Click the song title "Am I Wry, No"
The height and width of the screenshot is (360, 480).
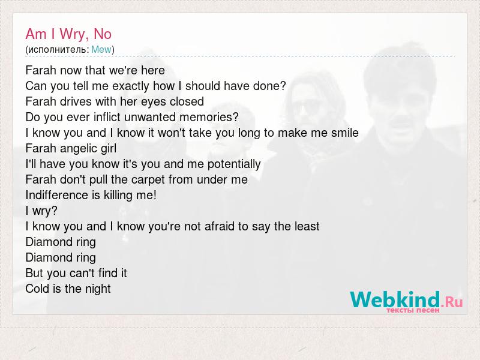(x=68, y=34)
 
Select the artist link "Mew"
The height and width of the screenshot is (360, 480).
(x=101, y=50)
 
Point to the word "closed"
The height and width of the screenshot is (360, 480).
(x=187, y=101)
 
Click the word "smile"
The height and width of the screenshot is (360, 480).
(x=344, y=133)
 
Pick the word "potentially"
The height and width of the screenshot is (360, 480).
(x=234, y=164)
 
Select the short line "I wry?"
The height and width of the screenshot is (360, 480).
(x=41, y=211)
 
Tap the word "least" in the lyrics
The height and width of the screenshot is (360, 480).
(x=307, y=227)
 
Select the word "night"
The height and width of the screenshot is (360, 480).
(x=98, y=289)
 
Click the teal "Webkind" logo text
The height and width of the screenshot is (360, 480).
(x=395, y=299)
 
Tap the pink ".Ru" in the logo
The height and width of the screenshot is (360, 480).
(x=452, y=302)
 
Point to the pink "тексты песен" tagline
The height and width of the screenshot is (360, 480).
(x=413, y=310)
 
